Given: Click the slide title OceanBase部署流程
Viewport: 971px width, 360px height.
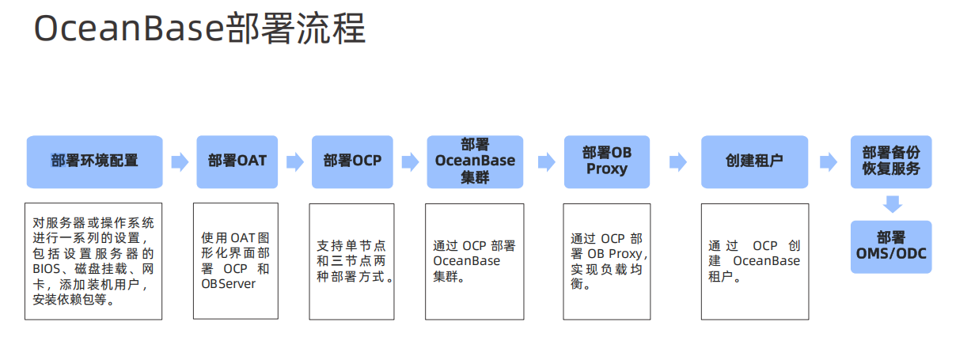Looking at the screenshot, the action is click(x=200, y=28).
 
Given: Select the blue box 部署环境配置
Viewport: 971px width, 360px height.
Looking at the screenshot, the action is click(x=94, y=161).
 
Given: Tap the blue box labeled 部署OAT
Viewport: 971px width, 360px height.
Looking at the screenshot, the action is click(x=237, y=161).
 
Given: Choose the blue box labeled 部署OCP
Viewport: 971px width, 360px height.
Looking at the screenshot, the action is click(x=352, y=161).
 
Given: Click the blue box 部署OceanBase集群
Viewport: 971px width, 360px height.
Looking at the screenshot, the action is click(x=475, y=161).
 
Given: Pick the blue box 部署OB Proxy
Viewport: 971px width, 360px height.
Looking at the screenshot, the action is click(x=607, y=161).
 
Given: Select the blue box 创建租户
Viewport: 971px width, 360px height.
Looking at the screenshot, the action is click(x=755, y=161).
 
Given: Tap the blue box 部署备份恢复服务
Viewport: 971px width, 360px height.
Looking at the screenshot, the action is click(x=891, y=161).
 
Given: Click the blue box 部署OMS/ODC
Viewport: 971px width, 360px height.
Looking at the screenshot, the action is click(x=891, y=247).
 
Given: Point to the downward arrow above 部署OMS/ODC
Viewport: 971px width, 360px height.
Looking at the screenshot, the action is click(x=893, y=204).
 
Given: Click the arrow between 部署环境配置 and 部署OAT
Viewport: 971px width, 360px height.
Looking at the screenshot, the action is click(x=180, y=162).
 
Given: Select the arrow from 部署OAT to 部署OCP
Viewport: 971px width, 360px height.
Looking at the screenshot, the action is click(x=295, y=162).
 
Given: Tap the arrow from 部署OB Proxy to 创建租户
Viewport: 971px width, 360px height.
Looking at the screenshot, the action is click(x=678, y=162).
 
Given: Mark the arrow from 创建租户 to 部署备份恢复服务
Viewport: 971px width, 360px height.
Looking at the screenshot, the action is click(x=829, y=162).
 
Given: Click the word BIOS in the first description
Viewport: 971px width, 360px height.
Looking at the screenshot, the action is click(x=47, y=269).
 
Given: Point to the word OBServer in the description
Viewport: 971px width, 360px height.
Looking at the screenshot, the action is click(x=229, y=284).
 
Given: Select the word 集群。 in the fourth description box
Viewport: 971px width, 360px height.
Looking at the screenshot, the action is click(x=449, y=276).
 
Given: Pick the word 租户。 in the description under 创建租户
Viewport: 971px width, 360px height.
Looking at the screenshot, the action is click(x=724, y=276).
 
